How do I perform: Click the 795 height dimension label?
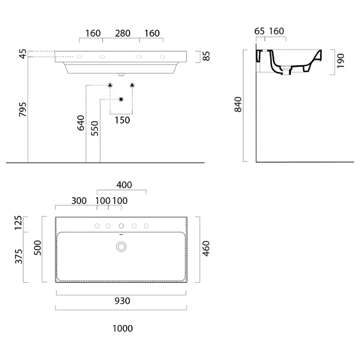23,109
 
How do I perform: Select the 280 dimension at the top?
123,34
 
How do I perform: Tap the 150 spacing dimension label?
122,120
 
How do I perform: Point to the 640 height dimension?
81,123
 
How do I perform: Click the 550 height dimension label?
95,129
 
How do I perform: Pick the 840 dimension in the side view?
238,105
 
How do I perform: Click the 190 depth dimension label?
341,61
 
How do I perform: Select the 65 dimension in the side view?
259,31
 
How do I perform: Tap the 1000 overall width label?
122,329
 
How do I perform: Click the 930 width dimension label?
122,301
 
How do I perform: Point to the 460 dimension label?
206,249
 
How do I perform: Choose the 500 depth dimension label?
37,248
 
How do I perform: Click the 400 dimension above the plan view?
124,185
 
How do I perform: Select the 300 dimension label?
79,201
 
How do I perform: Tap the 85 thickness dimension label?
206,56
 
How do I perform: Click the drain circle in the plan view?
121,247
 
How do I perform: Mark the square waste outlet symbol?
121,99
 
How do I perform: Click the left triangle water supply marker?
110,85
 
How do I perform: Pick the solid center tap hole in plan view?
121,226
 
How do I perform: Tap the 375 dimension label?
19,257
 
